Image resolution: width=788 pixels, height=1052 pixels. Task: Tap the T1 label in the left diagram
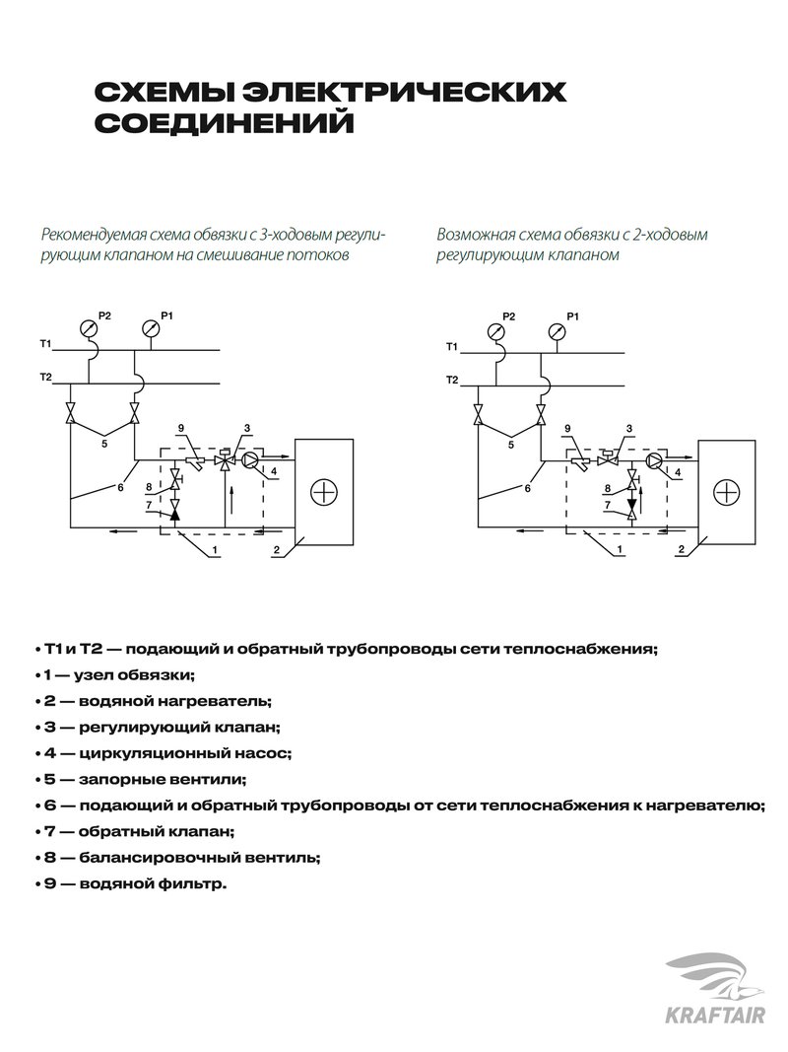[45, 343]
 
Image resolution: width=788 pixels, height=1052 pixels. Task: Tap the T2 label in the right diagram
[452, 380]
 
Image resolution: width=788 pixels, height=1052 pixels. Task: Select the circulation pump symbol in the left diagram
[252, 459]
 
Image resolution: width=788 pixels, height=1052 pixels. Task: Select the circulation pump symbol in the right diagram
[653, 459]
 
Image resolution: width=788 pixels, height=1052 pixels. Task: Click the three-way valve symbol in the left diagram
[226, 459]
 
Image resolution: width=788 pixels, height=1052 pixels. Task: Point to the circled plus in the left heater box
[324, 491]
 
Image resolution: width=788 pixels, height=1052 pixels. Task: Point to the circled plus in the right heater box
[725, 491]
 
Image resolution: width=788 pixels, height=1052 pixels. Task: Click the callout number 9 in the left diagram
[181, 427]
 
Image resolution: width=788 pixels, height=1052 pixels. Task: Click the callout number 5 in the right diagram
[509, 445]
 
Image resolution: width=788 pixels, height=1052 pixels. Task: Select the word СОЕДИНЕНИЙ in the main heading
[222, 125]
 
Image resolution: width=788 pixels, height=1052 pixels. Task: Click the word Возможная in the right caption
[472, 236]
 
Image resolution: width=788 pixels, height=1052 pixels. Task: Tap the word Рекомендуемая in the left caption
[93, 236]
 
